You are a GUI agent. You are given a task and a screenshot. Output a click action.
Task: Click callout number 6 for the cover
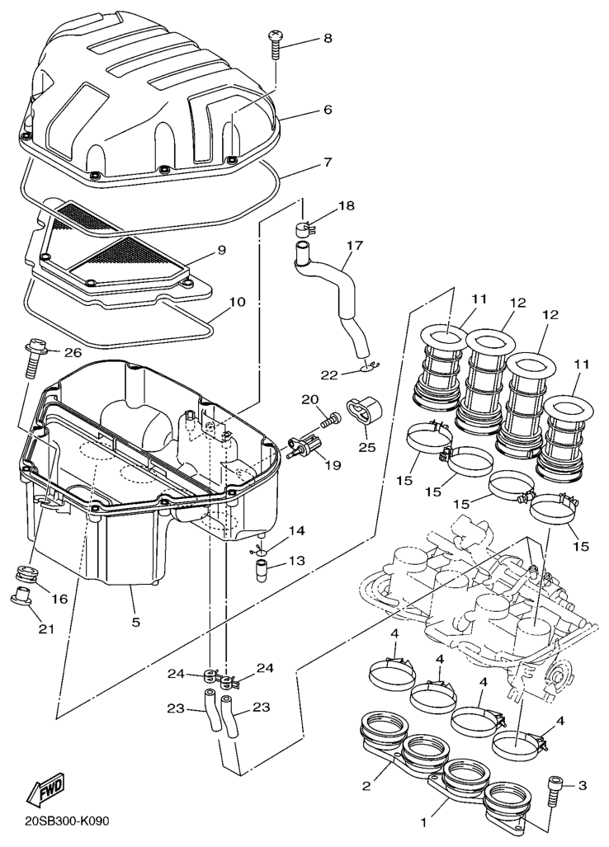click(x=328, y=110)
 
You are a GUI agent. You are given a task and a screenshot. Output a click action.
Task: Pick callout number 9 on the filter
click(x=221, y=250)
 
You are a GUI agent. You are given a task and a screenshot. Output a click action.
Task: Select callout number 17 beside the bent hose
click(x=355, y=246)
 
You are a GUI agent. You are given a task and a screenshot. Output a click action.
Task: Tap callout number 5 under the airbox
click(x=135, y=622)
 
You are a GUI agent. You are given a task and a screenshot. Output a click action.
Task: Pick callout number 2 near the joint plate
click(x=366, y=785)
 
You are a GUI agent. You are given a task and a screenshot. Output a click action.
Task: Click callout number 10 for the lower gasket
click(x=237, y=301)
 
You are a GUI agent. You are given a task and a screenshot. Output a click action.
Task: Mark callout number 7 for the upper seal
click(x=328, y=162)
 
